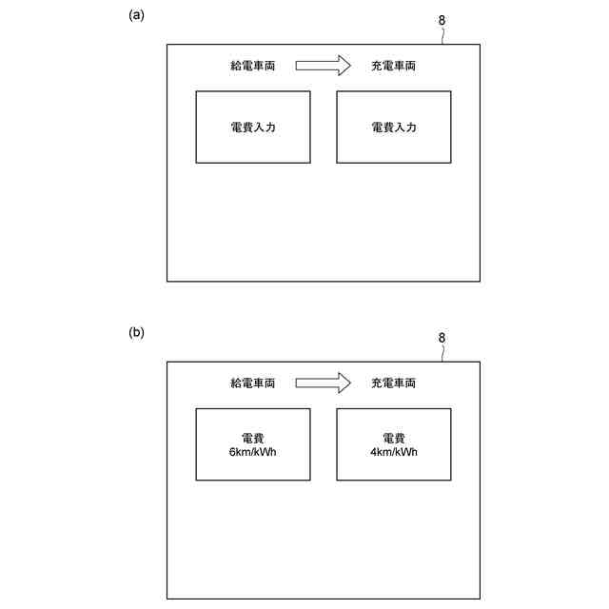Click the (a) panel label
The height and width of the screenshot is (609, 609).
[x=137, y=15]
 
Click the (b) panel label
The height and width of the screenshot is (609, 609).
[x=137, y=333]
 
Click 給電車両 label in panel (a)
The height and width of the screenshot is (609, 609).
[x=253, y=66]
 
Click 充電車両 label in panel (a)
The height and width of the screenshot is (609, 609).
[x=394, y=66]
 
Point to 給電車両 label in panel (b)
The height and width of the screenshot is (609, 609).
[x=253, y=383]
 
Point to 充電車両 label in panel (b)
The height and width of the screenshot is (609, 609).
[x=394, y=383]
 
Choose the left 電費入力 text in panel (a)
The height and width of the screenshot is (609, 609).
[x=253, y=128]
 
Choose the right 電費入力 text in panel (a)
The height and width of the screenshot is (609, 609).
[x=394, y=128]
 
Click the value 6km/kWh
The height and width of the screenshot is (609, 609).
[x=253, y=452]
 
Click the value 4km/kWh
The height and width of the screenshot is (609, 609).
[x=394, y=452]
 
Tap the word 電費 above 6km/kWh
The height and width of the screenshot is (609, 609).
[x=253, y=438]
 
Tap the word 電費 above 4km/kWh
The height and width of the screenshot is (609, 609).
[x=394, y=438]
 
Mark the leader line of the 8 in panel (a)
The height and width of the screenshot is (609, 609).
[x=442, y=35]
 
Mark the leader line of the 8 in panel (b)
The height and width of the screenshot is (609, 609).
[x=442, y=353]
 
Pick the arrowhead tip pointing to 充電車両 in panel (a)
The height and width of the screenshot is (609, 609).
[x=351, y=66]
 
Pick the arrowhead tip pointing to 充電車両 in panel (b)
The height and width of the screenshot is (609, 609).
[x=351, y=383]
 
